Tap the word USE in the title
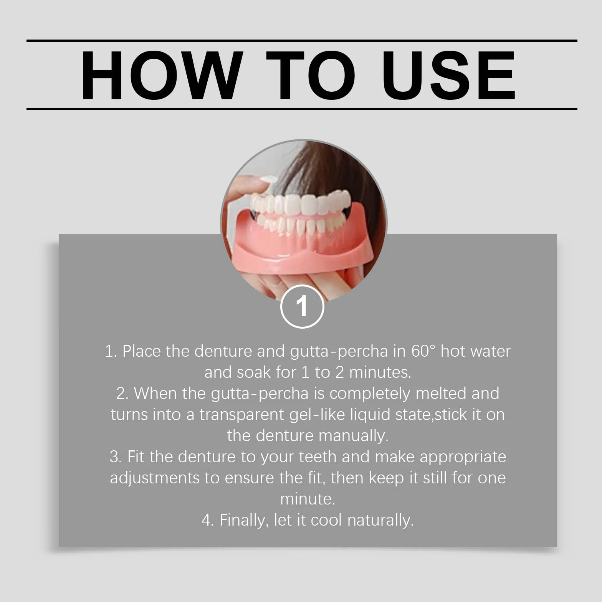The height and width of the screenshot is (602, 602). [x=448, y=76]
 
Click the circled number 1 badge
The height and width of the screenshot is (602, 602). [x=302, y=306]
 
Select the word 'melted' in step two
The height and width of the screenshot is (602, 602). [x=442, y=393]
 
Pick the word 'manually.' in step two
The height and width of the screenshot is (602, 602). [x=353, y=436]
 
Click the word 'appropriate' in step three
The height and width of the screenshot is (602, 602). [x=463, y=457]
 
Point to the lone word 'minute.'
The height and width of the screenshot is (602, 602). [x=308, y=499]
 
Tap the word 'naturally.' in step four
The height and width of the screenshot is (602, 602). [x=380, y=520]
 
